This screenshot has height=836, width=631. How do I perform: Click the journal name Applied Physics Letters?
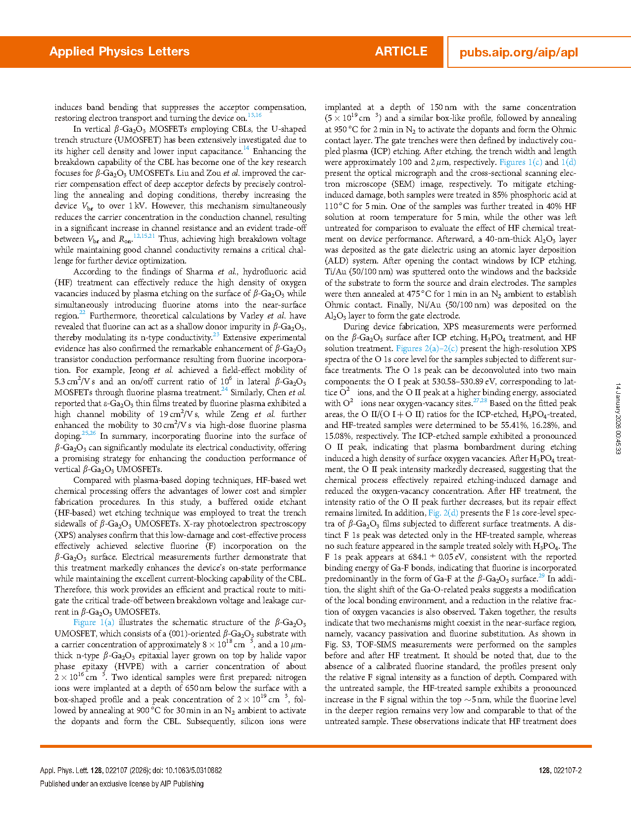tap(119, 52)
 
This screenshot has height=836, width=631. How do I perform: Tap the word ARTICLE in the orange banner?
tap(401, 52)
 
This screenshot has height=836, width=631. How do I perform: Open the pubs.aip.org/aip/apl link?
tap(518, 52)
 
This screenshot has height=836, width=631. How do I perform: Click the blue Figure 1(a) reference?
tap(94, 623)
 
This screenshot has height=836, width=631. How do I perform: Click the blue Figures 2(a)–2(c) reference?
tap(427, 348)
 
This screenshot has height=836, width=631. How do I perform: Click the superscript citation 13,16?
tap(254, 115)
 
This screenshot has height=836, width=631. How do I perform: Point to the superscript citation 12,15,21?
tap(145, 236)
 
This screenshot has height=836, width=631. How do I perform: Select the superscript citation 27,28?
tap(480, 401)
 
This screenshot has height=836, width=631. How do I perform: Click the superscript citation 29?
tap(541, 576)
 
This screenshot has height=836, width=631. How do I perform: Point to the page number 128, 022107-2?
tap(560, 771)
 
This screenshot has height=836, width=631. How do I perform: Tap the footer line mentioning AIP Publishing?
tap(122, 784)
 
